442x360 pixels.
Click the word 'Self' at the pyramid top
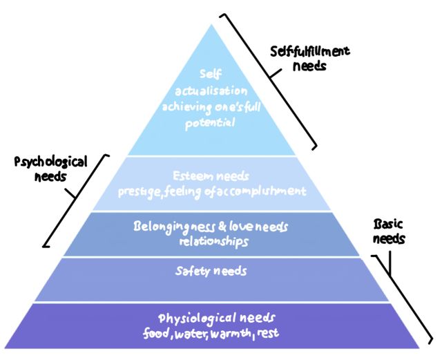(209, 73)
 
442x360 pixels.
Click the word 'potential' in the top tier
(209, 124)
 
